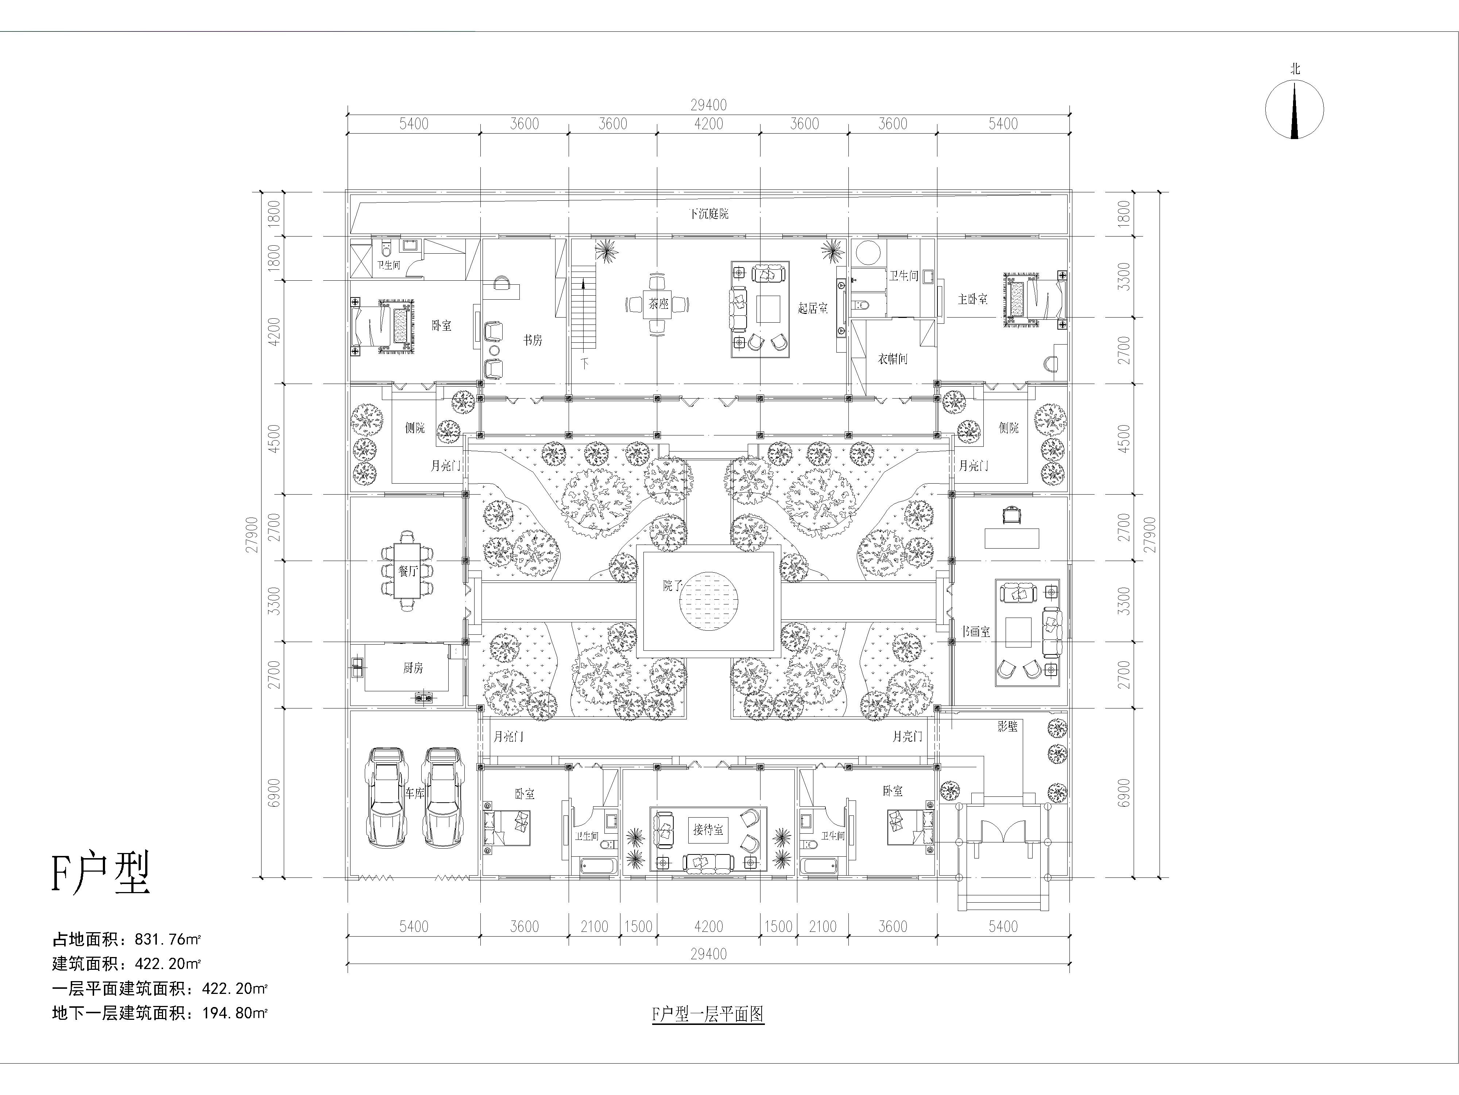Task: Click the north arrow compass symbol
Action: [1294, 109]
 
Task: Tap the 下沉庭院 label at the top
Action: [708, 214]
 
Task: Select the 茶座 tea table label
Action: [658, 304]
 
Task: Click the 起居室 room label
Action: [813, 308]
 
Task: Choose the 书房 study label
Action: [533, 340]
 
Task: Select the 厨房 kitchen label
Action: [413, 668]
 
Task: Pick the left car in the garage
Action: [387, 797]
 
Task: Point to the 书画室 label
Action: [976, 632]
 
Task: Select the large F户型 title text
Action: [101, 873]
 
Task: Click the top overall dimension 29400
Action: [708, 105]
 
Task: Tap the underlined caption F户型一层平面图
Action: [708, 1014]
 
